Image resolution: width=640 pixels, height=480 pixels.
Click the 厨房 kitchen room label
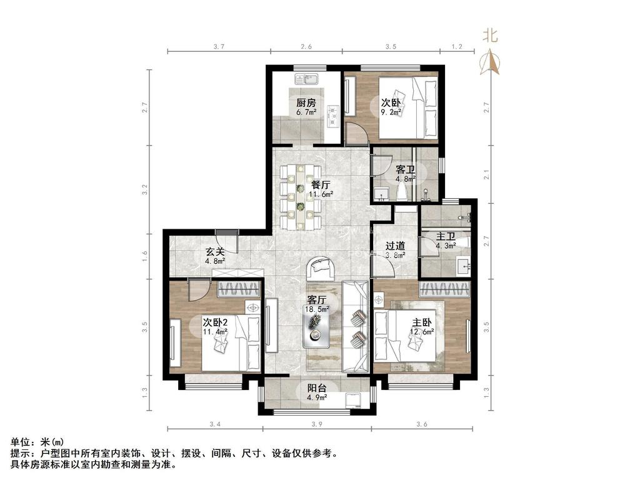click(306, 102)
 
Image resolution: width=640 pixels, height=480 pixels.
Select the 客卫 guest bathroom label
click(406, 169)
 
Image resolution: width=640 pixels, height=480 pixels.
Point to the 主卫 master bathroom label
click(446, 237)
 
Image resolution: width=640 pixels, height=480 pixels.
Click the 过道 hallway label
click(396, 246)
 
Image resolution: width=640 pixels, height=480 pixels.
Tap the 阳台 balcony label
click(317, 387)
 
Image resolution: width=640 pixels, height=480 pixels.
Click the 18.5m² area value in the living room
click(317, 309)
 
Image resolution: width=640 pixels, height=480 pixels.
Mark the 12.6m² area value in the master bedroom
click(422, 332)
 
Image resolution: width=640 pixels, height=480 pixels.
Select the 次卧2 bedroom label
click(215, 322)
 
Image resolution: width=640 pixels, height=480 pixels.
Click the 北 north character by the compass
click(490, 36)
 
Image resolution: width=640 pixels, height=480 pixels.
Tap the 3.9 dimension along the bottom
click(317, 424)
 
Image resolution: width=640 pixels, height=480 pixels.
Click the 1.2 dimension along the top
click(457, 46)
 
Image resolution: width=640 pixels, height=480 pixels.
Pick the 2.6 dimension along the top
click(306, 46)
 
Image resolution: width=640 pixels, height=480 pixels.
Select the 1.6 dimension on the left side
click(144, 256)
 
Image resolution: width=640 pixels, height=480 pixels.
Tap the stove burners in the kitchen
click(334, 116)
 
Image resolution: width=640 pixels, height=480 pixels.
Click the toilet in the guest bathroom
click(403, 191)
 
